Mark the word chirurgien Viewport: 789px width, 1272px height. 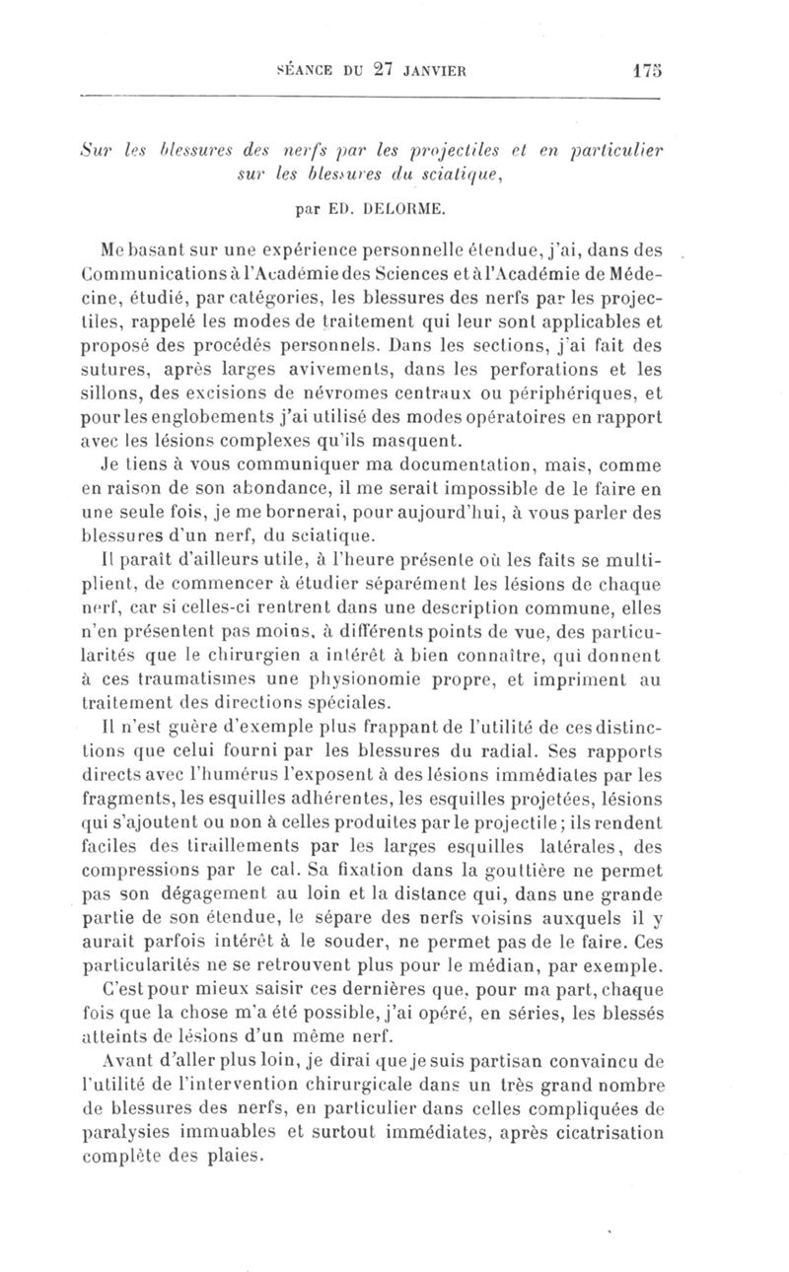[236, 655]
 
